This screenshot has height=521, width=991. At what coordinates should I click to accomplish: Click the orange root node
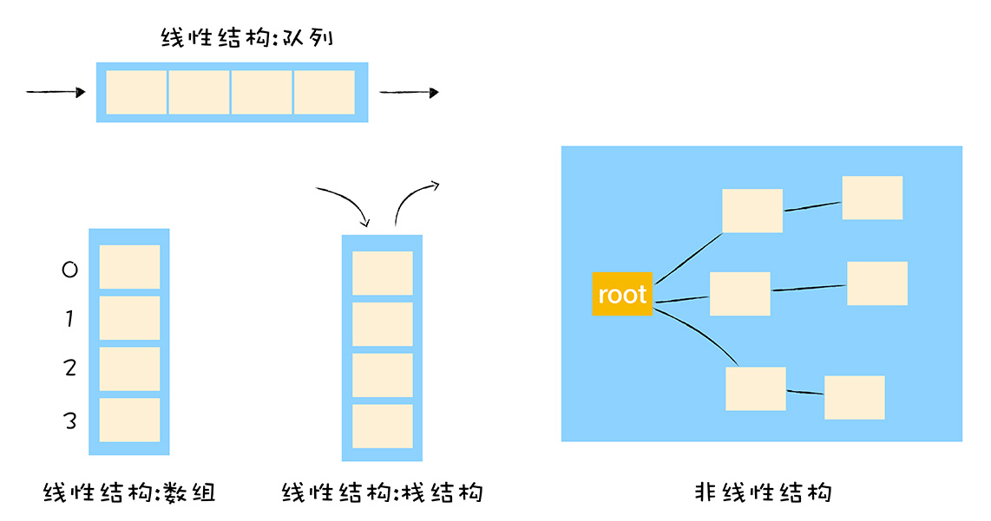(621, 293)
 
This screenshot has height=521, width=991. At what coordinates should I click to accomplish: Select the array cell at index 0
(129, 267)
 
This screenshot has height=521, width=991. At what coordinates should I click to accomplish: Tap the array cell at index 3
(129, 420)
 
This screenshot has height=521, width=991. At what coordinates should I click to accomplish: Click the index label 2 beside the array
(70, 368)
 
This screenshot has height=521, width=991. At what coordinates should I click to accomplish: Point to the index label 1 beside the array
(69, 319)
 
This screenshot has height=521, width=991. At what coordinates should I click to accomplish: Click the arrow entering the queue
(56, 92)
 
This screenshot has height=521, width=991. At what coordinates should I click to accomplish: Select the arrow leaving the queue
(409, 92)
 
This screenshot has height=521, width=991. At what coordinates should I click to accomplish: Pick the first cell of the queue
(136, 92)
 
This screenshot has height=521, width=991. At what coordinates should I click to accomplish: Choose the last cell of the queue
(325, 92)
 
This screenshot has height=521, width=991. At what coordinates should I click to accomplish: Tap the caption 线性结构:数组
(129, 493)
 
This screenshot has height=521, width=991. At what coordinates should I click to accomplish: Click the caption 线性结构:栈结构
(382, 493)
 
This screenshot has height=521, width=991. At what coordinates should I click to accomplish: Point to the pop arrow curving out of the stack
(413, 198)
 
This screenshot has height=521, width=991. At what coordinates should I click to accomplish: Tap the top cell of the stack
(382, 273)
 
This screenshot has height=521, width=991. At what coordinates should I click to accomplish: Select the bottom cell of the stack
(382, 426)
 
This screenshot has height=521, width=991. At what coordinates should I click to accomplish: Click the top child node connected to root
(752, 211)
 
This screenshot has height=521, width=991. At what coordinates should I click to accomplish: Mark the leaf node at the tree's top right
(872, 198)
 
